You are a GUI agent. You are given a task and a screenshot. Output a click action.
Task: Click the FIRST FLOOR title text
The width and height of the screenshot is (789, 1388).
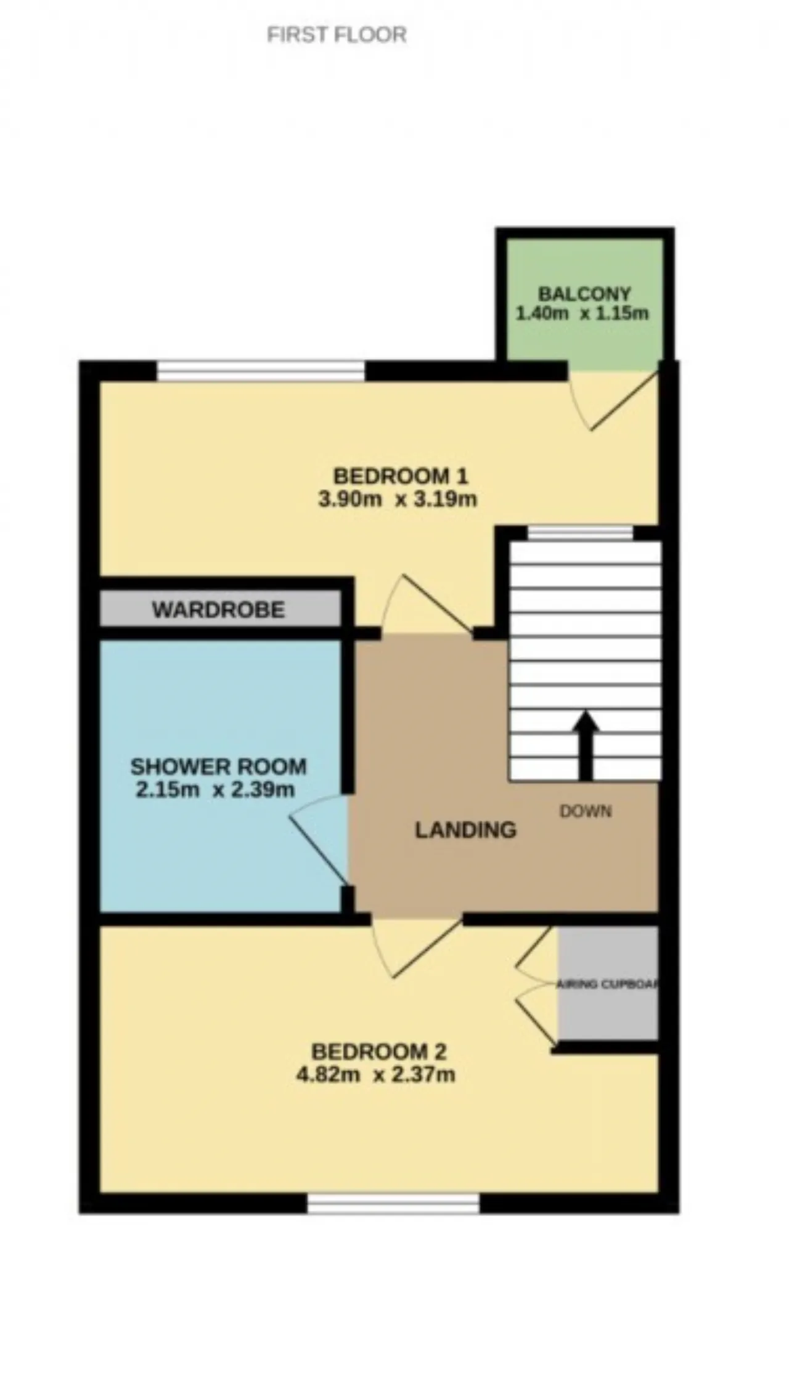point(337,34)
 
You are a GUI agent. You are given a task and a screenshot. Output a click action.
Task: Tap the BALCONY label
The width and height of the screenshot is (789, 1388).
point(584,294)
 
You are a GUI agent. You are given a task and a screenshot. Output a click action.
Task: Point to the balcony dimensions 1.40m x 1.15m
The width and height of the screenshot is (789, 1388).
point(582,314)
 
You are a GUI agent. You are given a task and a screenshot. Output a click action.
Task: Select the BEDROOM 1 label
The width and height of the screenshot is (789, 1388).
point(401,476)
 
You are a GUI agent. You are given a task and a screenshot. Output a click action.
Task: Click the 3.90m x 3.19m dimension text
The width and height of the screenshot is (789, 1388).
point(398,499)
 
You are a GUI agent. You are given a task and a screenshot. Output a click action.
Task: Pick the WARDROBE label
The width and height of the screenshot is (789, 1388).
point(219,610)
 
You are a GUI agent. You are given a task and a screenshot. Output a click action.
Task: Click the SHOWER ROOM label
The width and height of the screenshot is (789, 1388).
point(218,767)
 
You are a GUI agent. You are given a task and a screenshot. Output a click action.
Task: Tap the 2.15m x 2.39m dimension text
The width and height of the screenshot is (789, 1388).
point(215,790)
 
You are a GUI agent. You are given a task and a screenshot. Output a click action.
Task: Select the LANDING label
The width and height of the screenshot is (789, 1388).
point(465,830)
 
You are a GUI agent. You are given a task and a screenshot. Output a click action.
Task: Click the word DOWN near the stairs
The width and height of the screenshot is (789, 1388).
point(586,811)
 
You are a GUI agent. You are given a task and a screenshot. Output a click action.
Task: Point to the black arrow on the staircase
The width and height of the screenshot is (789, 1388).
point(585,746)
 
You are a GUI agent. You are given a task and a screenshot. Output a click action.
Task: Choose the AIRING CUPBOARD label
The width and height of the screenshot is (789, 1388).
point(608,984)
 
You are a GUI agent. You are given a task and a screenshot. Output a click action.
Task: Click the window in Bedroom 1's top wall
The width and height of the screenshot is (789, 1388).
point(261,371)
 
